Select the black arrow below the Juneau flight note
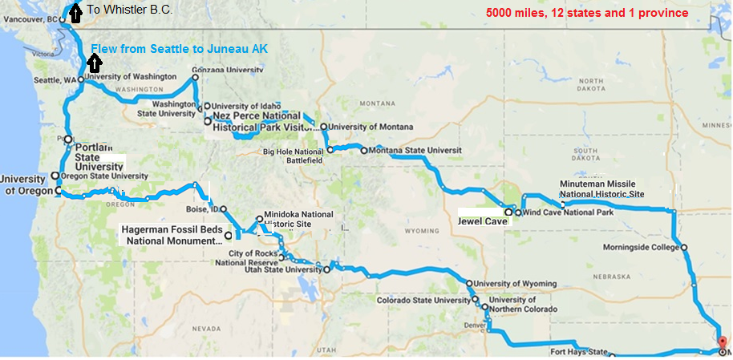(x=95, y=63)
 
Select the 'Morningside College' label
(x=639, y=247)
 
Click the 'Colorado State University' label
(x=424, y=301)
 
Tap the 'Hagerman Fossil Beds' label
(x=172, y=229)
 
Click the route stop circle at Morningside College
(x=684, y=248)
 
